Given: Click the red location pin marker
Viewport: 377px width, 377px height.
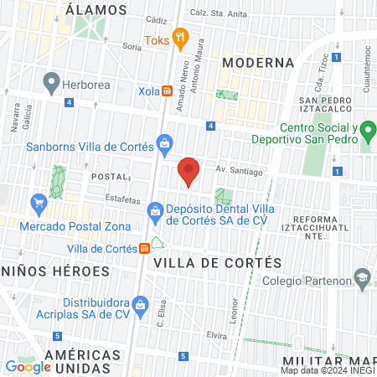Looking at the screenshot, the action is [x=188, y=171].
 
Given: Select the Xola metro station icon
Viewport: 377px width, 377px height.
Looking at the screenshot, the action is [x=168, y=89].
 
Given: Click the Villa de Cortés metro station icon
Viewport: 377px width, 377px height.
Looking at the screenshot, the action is [x=145, y=248].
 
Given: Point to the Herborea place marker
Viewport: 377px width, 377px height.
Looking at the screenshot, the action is [x=52, y=82].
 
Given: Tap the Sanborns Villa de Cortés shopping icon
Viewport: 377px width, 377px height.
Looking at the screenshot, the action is [x=165, y=146].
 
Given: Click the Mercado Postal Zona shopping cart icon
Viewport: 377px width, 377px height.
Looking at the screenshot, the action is [x=38, y=202].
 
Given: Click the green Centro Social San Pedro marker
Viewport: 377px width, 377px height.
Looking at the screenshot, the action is [x=366, y=132].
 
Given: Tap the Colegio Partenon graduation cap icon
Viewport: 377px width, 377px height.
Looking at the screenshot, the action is [x=361, y=277].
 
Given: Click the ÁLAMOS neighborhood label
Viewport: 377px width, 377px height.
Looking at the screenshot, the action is [x=96, y=10].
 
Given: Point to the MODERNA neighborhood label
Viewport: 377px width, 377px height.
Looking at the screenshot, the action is [x=258, y=63].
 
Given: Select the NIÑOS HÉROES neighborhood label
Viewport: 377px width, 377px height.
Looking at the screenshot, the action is [x=55, y=271].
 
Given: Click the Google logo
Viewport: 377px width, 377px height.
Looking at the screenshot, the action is [x=28, y=366].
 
